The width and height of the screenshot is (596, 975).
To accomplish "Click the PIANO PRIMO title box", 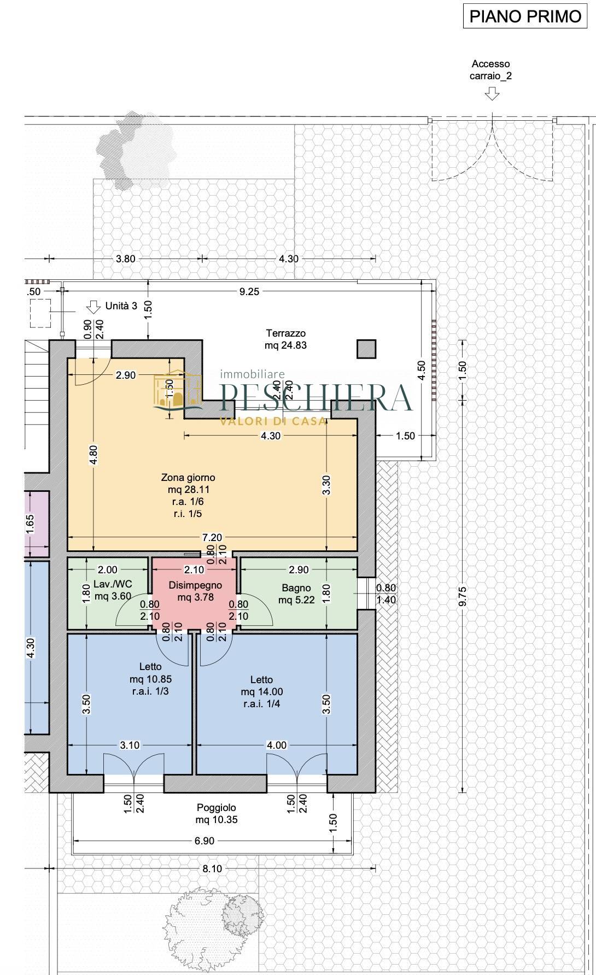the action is click(x=525, y=16).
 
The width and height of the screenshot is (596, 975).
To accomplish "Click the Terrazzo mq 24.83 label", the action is click(x=285, y=339).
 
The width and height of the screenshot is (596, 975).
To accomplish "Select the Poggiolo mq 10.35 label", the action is click(x=217, y=813).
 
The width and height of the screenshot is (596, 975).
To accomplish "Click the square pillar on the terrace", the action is click(x=366, y=349).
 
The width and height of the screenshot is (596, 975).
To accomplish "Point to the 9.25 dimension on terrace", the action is click(x=249, y=291).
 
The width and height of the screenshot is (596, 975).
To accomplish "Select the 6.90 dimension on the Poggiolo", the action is click(x=204, y=841).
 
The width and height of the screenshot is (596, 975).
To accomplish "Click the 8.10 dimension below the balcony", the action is click(x=212, y=868).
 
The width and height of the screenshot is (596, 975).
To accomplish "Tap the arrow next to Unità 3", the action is click(x=94, y=307).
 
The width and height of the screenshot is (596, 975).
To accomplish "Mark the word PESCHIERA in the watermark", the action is click(x=315, y=397).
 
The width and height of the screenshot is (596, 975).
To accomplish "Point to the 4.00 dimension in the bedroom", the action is click(x=276, y=745).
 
